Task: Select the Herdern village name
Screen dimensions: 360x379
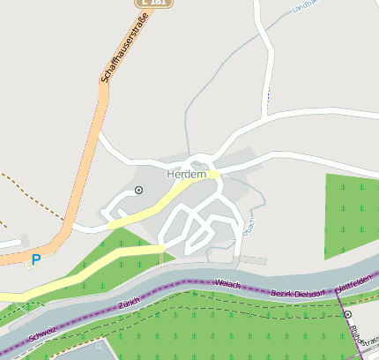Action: click(x=186, y=175)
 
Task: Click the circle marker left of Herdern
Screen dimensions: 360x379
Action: click(x=138, y=190)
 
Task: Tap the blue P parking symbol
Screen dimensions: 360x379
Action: click(x=35, y=259)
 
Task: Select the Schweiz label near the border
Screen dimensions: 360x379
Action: click(x=42, y=334)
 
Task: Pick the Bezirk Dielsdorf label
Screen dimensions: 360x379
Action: click(x=298, y=293)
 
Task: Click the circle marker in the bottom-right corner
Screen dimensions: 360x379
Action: click(x=347, y=314)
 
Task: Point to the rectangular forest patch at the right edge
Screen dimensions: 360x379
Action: click(x=351, y=216)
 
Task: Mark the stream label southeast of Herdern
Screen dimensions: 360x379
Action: click(x=248, y=228)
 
